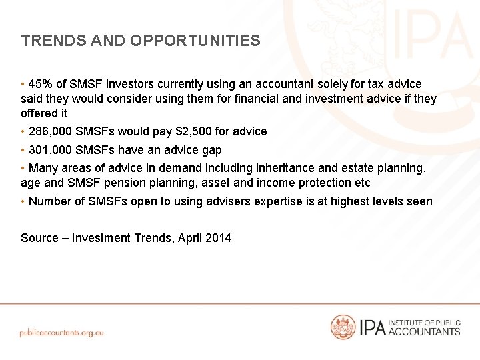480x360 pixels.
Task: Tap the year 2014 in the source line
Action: coord(219,238)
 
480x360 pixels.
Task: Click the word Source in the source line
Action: coord(39,238)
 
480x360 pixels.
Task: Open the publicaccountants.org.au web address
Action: coord(62,332)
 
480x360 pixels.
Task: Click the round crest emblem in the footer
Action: coord(343,327)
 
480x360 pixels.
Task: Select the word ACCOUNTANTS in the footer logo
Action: coord(424,331)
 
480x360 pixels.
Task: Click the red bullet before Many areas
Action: coord(23,168)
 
